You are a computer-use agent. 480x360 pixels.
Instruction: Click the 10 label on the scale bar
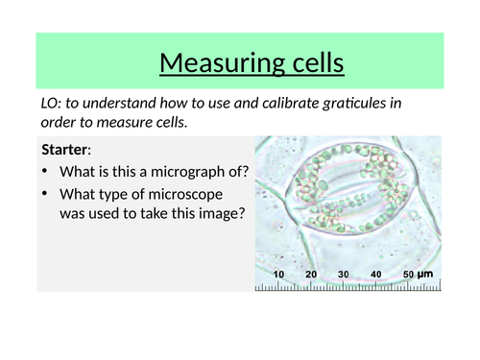click(x=278, y=274)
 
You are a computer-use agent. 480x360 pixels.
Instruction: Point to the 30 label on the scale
click(x=344, y=274)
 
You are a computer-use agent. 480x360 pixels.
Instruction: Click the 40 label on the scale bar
click(x=376, y=274)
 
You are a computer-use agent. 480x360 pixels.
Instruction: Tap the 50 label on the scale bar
click(x=408, y=274)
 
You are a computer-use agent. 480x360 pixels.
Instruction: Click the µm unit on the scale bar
click(x=425, y=275)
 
